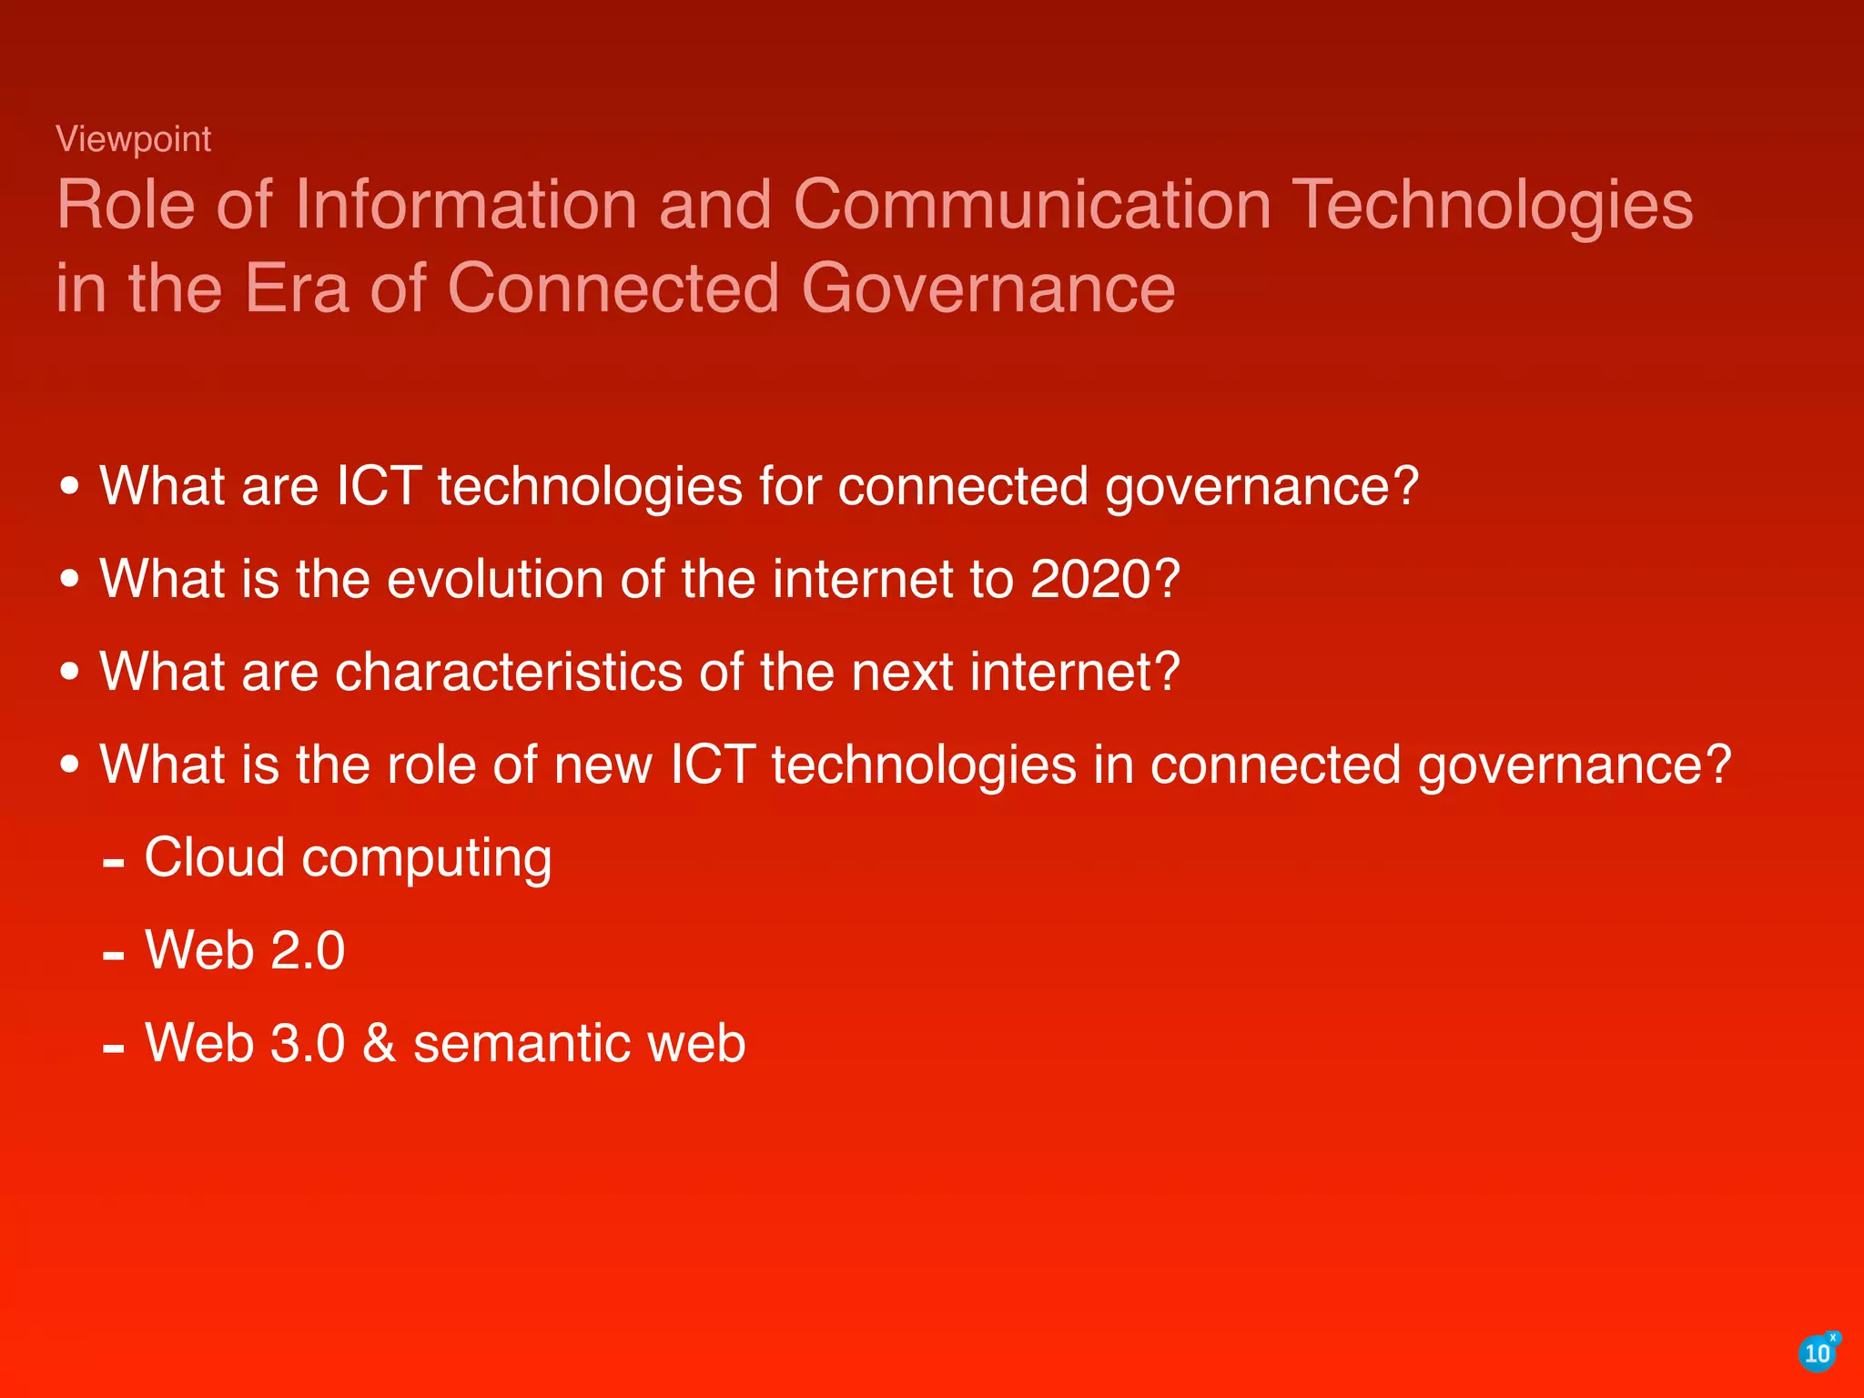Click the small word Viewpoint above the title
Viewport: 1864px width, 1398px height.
point(133,139)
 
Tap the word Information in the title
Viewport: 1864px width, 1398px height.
point(465,205)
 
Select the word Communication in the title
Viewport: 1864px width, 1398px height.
point(1032,205)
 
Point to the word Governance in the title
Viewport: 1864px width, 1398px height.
point(988,289)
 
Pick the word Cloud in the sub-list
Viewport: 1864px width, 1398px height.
point(215,857)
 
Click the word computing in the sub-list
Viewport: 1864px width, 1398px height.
point(426,859)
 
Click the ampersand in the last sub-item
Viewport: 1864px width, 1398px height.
point(379,1043)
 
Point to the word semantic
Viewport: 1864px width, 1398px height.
point(522,1043)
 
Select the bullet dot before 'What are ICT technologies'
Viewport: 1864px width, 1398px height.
point(70,486)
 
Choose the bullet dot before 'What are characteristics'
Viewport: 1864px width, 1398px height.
point(70,672)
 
